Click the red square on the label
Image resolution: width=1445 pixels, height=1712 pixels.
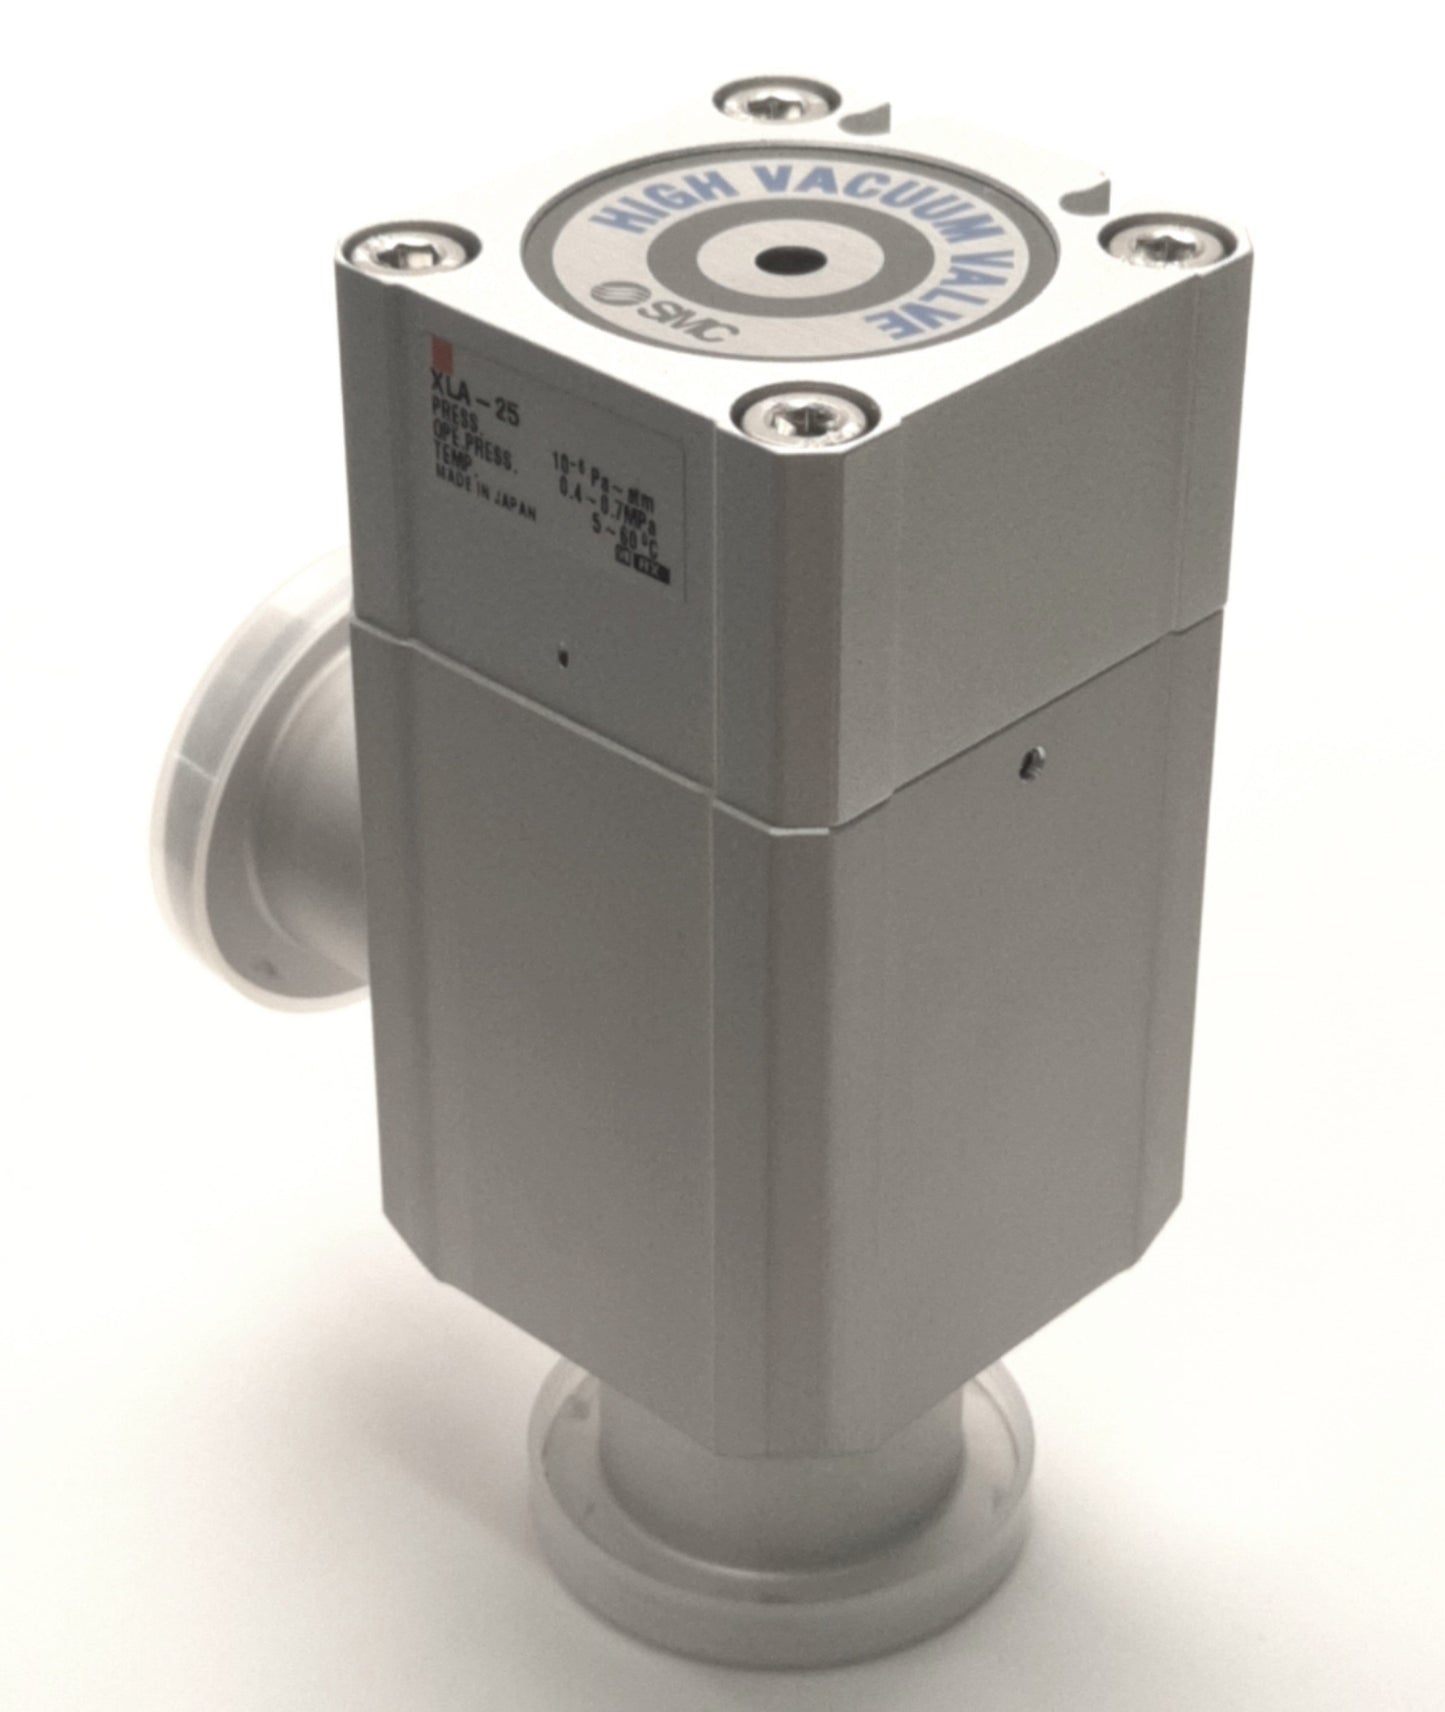[437, 352]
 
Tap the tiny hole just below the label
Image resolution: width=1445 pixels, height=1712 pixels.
[565, 657]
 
